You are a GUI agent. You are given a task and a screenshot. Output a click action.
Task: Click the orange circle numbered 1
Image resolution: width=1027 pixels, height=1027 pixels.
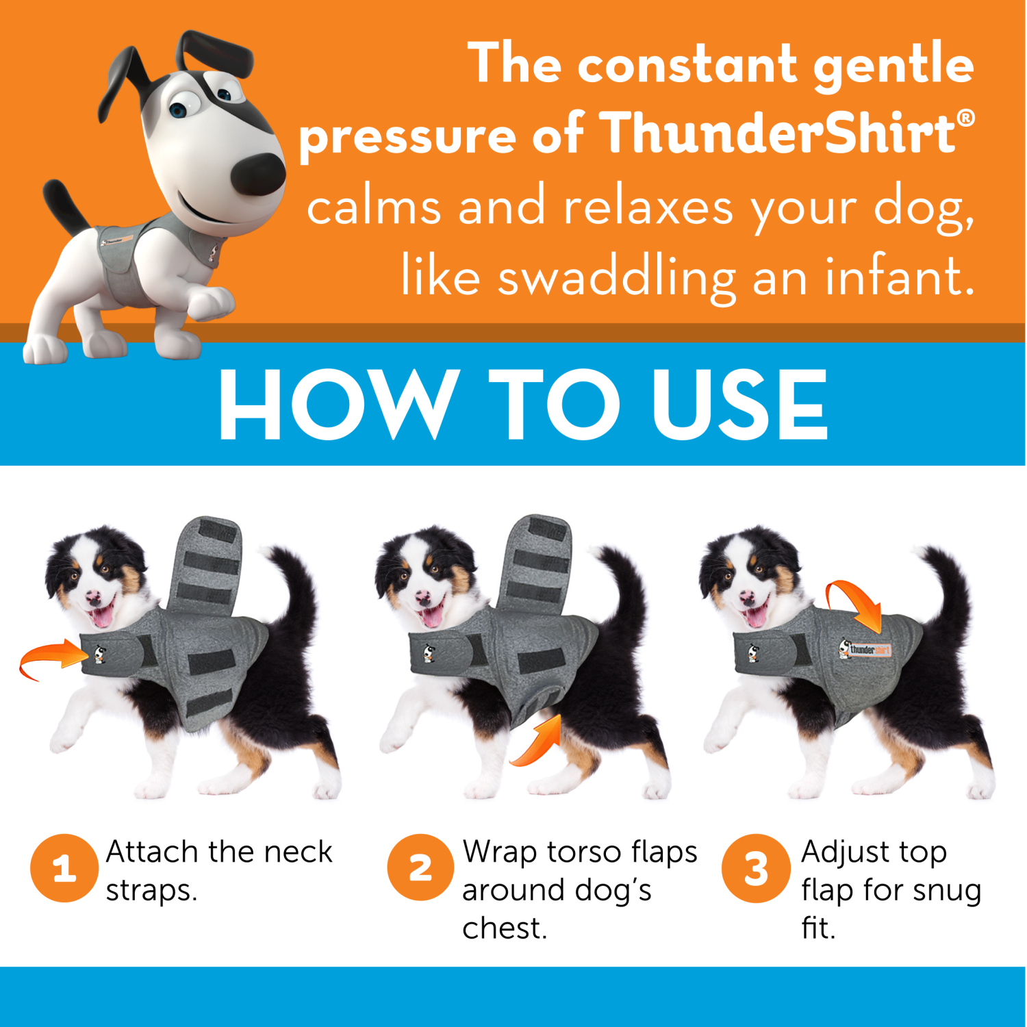pos(64,868)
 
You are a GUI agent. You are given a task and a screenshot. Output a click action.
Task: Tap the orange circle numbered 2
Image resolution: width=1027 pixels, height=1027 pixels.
pos(420,868)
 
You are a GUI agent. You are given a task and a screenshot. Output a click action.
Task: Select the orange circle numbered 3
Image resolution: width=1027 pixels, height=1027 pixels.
pos(755,868)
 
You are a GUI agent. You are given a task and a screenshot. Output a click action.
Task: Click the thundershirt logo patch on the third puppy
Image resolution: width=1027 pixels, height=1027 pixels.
pos(866,648)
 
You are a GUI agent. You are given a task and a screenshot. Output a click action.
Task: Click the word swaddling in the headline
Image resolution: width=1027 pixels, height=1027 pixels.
pos(616,277)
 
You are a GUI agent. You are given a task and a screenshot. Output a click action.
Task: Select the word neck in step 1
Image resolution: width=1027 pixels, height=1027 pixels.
pos(298,852)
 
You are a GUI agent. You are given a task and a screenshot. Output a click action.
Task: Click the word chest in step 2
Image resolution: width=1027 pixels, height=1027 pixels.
pos(504,929)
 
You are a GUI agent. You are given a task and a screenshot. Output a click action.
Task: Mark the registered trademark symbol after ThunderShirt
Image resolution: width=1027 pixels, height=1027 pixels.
pos(965,118)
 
